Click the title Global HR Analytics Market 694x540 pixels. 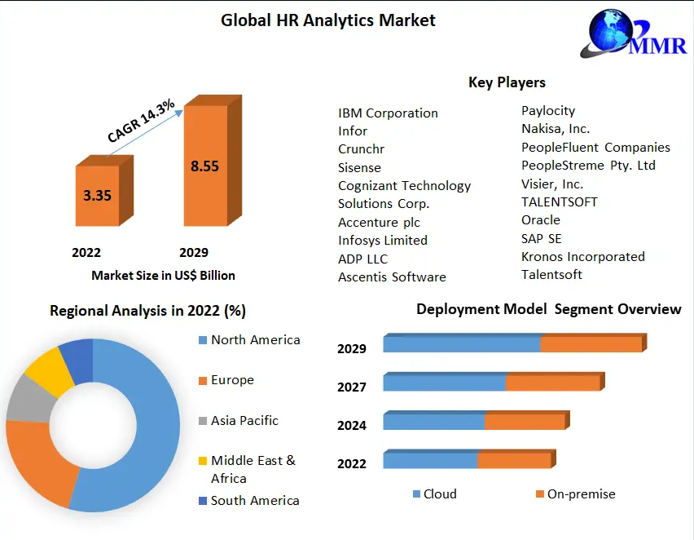coord(327,20)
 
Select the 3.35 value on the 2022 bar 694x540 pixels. coord(97,196)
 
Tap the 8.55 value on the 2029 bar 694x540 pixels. coord(204,166)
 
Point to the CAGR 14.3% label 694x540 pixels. coord(141,122)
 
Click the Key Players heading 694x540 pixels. coord(507,82)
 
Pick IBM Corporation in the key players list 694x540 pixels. coord(388,113)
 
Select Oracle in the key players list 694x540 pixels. coord(541,220)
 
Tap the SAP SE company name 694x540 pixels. coord(542,238)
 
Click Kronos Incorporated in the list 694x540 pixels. coord(582,257)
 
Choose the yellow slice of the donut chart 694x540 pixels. coord(44,369)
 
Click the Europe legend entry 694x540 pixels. coord(232,380)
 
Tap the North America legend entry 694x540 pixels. coord(255,340)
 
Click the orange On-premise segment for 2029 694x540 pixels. coord(591,344)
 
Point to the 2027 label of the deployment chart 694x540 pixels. coord(352,387)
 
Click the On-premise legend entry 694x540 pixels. coord(581,494)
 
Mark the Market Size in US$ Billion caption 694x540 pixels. coord(163,276)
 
